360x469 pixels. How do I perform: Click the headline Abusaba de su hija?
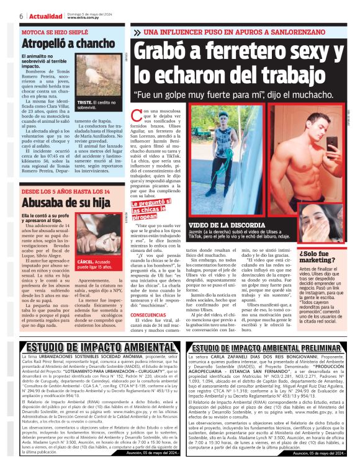pos(57,202)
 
